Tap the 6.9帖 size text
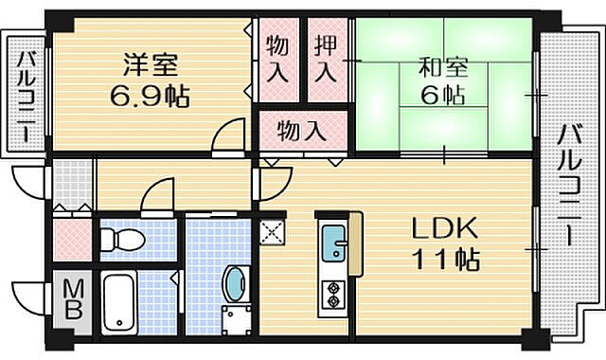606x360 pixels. pos(150,96)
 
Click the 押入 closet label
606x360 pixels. pos(325,59)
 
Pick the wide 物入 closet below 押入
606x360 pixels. pos(302,129)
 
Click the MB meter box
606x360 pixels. pos(74,300)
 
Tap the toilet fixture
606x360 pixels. pos(120,239)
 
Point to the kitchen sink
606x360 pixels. pos(334,243)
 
